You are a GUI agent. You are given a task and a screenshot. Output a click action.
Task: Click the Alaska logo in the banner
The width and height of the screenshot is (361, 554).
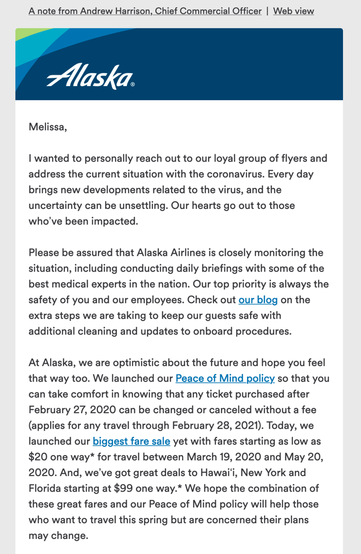click(90, 76)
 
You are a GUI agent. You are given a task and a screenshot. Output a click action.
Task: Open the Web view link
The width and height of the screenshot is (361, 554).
click(293, 11)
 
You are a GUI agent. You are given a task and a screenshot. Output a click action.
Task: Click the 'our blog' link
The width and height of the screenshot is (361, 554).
click(258, 300)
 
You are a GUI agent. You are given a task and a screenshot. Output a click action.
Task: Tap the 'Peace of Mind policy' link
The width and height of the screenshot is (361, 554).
click(225, 378)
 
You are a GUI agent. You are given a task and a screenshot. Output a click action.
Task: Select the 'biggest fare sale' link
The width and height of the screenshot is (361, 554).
click(132, 441)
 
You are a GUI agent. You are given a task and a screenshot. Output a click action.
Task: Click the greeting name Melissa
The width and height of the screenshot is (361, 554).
click(47, 126)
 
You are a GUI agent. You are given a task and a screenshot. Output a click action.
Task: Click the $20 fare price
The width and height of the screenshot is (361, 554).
click(37, 457)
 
